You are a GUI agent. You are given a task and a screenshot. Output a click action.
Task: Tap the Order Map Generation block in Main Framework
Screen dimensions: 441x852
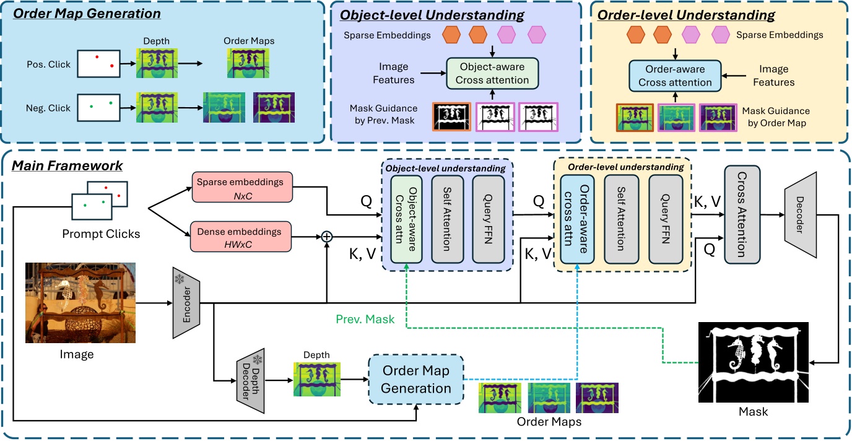click(x=416, y=380)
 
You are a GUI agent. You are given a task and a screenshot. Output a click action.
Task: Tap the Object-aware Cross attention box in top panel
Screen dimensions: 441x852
click(x=492, y=73)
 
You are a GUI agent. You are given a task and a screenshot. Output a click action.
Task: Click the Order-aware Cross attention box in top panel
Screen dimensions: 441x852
click(x=676, y=76)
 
